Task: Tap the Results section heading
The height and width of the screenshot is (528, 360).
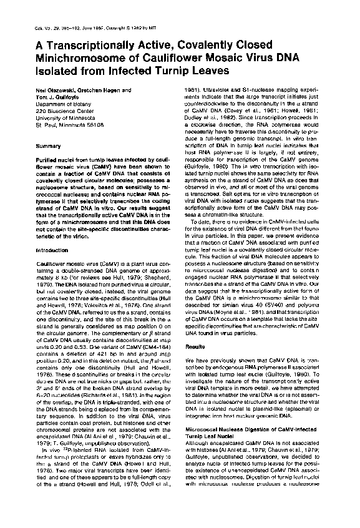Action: click(195, 345)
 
